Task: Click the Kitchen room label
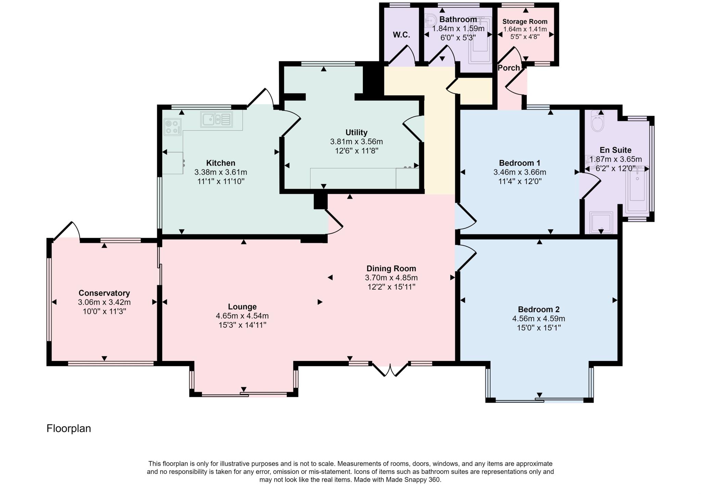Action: pos(220,163)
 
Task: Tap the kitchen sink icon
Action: pos(216,119)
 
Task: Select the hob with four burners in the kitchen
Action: pos(173,127)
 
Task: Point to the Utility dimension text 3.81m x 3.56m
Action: pos(356,142)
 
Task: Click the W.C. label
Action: pos(401,35)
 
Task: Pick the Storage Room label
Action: pos(525,22)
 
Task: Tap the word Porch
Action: pos(508,68)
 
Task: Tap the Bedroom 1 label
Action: pos(520,163)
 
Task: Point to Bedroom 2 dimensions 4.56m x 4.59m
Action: pos(538,318)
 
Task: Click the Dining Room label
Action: pos(391,269)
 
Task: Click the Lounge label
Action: pos(242,307)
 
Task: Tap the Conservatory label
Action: pos(104,293)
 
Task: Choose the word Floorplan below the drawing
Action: pos(69,429)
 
